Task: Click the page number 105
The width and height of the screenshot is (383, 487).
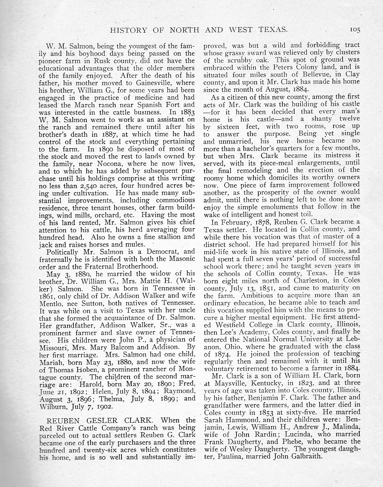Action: (355, 30)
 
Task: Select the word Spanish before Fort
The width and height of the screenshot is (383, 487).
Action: (159, 105)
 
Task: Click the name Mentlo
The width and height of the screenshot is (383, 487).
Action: (51, 303)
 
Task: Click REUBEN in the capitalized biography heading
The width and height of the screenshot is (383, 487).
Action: (54, 420)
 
